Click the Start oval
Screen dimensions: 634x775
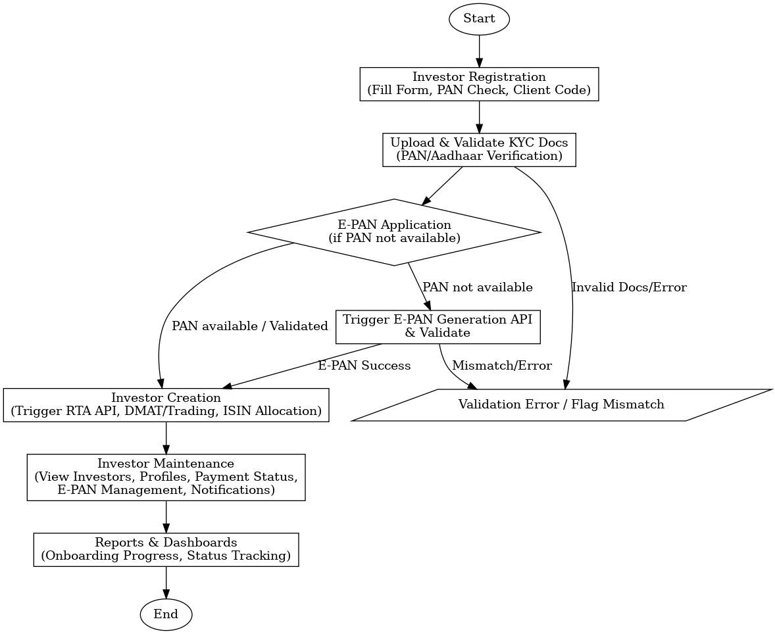479,19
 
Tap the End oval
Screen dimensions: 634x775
166,615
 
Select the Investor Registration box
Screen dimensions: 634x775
479,84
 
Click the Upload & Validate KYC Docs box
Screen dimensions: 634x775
479,149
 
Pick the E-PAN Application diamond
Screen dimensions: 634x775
394,232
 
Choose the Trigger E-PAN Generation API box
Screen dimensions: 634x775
438,326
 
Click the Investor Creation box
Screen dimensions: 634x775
166,404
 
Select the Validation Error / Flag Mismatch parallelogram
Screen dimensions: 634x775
561,404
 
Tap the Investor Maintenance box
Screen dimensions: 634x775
166,477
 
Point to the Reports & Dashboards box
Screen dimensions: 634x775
166,549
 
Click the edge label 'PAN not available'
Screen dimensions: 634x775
477,287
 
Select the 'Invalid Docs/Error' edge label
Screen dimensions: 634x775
629,287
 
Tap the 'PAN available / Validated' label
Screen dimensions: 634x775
249,326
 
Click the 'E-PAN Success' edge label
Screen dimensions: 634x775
364,366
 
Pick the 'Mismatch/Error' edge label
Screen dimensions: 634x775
502,366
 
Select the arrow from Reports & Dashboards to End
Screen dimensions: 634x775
166,581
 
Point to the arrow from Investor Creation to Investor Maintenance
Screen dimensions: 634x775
166,437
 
